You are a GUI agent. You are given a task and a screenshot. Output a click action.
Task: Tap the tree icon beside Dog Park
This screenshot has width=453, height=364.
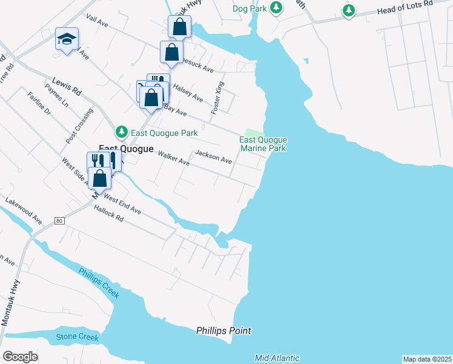[x=276, y=8]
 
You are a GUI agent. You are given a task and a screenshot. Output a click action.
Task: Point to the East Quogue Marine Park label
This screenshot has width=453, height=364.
[x=263, y=144]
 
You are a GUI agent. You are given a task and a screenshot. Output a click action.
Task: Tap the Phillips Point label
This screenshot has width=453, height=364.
[x=223, y=331]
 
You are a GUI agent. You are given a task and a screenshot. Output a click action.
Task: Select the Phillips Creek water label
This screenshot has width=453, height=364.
[x=99, y=282]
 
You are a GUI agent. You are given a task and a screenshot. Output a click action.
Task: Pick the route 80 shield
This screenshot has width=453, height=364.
[x=59, y=220]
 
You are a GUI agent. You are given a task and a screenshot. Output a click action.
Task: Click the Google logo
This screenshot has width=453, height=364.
[x=20, y=357]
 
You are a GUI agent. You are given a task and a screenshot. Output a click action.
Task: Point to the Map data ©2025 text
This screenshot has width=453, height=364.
[x=427, y=359]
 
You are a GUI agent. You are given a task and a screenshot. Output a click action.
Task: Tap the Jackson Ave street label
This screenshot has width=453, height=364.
[x=213, y=157]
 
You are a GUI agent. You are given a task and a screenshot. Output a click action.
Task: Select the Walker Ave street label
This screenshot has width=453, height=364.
[x=174, y=160]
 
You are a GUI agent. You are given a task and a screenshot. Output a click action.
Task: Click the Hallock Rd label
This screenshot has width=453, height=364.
[x=109, y=215]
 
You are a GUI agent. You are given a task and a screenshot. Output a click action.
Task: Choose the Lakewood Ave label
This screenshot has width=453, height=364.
[x=24, y=209]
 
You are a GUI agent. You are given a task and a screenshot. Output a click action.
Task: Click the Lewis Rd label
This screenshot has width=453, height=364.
[x=67, y=86]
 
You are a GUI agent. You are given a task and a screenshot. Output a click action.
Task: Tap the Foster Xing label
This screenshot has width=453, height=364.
[x=217, y=98]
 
